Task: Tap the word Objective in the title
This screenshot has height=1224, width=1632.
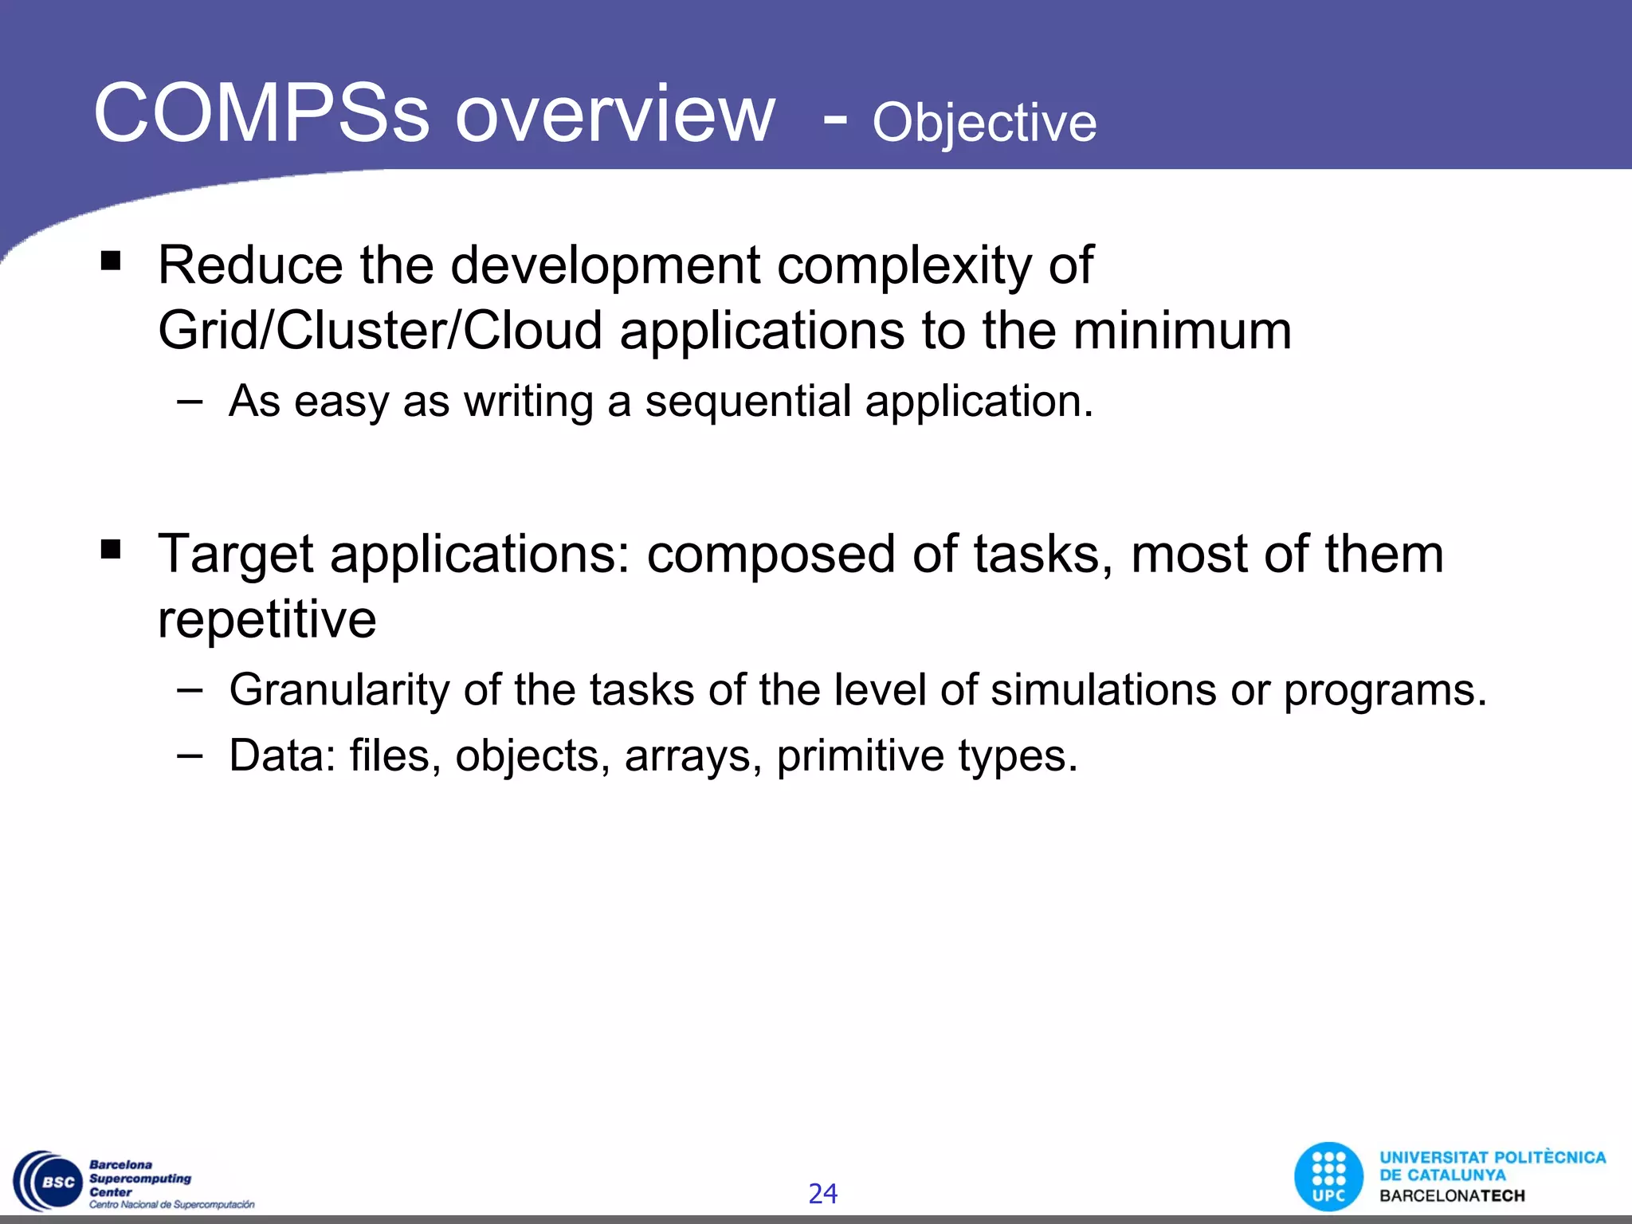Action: click(984, 123)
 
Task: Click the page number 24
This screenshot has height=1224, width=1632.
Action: click(822, 1194)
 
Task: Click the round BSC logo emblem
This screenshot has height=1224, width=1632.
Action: click(49, 1182)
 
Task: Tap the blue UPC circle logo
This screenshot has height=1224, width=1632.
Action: click(1328, 1177)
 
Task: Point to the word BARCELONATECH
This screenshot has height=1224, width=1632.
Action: click(1452, 1196)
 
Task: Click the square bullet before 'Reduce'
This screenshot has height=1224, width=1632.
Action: click(111, 260)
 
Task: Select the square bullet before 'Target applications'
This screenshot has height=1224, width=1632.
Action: click(111, 548)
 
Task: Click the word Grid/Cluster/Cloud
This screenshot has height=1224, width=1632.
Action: click(380, 331)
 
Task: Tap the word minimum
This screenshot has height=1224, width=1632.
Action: click(1182, 331)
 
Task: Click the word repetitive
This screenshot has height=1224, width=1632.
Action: click(267, 619)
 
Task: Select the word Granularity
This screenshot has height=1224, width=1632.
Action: click(339, 690)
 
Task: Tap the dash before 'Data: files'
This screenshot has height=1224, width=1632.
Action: click(190, 753)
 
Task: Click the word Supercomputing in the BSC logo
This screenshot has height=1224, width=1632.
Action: click(140, 1179)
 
